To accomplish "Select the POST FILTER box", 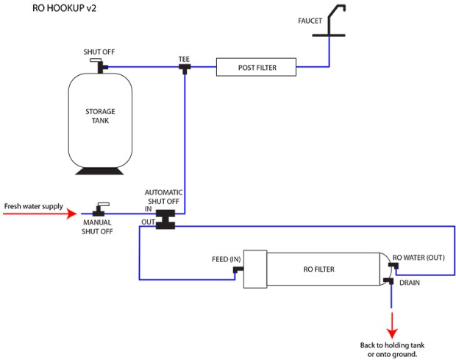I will click(x=256, y=68).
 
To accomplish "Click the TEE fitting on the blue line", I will click(x=184, y=68).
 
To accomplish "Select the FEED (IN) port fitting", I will click(x=238, y=270).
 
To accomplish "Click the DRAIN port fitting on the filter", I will click(x=388, y=281).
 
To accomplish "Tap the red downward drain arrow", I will click(x=391, y=323).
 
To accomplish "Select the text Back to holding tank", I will click(x=392, y=345).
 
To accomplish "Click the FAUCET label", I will click(x=310, y=21).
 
